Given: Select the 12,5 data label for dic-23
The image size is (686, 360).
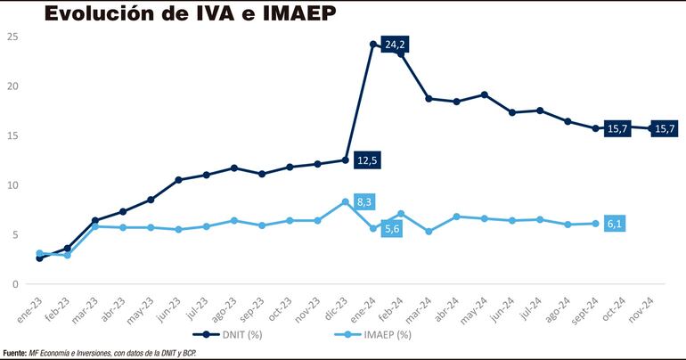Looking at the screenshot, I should [366, 160].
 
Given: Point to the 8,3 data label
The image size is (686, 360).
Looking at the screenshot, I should [364, 202].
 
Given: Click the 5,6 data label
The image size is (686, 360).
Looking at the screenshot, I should [392, 229].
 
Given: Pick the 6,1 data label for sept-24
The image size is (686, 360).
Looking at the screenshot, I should [615, 224].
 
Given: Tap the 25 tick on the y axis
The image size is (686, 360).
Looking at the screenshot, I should [12, 37].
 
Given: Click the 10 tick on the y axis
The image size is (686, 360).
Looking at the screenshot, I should [12, 185].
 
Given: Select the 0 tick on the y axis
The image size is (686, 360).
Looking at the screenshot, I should [15, 284].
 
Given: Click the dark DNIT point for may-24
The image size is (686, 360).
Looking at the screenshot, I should [484, 94].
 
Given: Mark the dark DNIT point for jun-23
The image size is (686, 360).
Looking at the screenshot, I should [178, 180].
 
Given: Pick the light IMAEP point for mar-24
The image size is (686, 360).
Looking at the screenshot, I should [429, 232].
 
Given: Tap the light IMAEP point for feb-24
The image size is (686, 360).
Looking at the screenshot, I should [401, 214].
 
